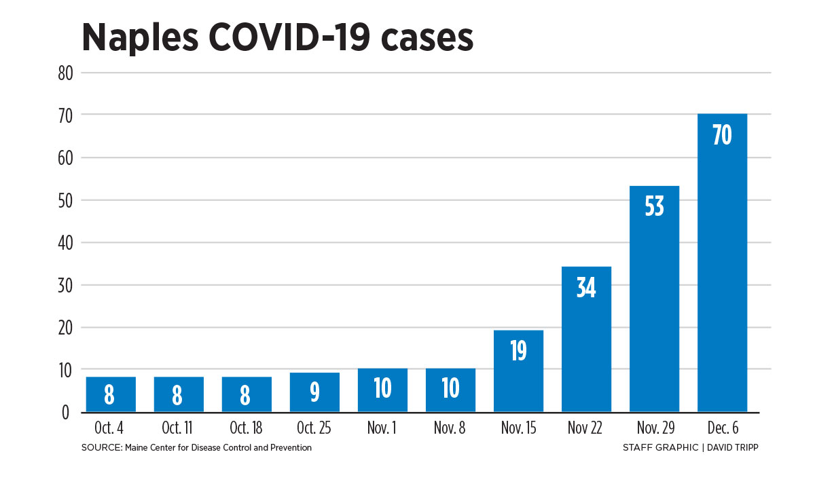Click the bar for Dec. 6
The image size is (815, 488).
click(x=722, y=271)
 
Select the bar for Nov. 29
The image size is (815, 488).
click(x=654, y=305)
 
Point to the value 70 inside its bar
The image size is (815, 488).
click(x=722, y=136)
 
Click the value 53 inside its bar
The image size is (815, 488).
click(x=654, y=206)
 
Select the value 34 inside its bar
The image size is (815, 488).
click(x=586, y=288)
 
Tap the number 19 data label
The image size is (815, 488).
click(x=518, y=352)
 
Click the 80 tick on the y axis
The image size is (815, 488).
click(x=66, y=73)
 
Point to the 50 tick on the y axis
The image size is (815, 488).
click(x=66, y=200)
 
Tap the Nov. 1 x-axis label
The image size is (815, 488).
click(x=382, y=429)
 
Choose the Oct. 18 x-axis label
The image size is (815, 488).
click(x=247, y=429)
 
